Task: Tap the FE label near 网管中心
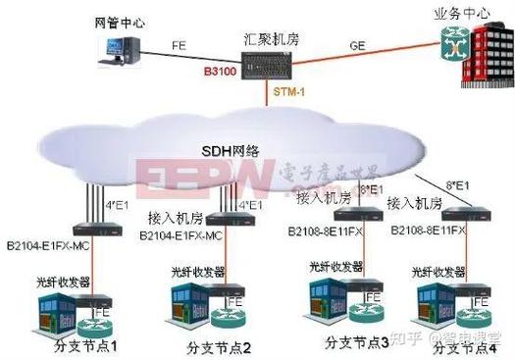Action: (x=179, y=46)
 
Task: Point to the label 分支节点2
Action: (x=219, y=347)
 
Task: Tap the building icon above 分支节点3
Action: (x=330, y=298)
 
